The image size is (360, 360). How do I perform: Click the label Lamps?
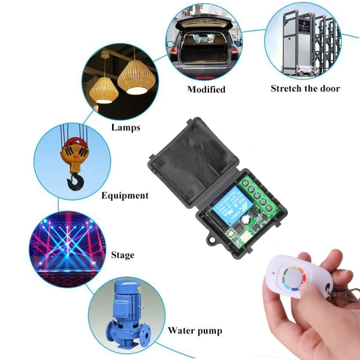tap(126, 127)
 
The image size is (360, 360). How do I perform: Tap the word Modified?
tap(206, 89)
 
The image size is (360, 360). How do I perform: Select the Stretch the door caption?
tap(305, 88)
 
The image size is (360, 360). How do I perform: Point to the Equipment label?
tap(125, 195)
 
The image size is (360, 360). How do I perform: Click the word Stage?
tap(122, 255)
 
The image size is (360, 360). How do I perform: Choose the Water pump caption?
tap(195, 331)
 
